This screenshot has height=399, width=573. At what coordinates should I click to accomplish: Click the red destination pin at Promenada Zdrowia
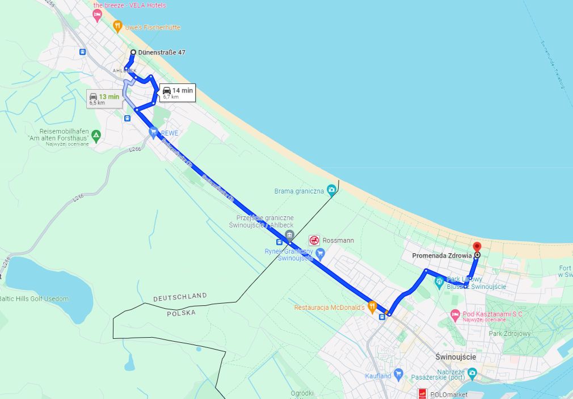(x=477, y=247)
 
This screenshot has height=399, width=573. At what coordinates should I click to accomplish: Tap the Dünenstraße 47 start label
(x=162, y=53)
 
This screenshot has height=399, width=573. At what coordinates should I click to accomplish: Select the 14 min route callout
(x=177, y=93)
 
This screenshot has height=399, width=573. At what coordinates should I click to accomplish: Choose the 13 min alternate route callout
(x=105, y=99)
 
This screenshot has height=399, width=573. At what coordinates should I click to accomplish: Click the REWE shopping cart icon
(x=153, y=133)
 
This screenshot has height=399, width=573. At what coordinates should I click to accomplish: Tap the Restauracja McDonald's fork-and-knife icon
(x=372, y=307)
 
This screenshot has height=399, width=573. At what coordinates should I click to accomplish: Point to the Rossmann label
(x=339, y=240)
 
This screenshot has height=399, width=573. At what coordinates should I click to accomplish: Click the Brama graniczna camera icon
(x=331, y=192)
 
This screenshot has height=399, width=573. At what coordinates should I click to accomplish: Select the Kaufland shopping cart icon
(x=398, y=375)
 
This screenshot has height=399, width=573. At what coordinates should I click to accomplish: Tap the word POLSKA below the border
(x=181, y=313)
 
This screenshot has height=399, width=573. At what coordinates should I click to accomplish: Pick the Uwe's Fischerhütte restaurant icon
(x=117, y=26)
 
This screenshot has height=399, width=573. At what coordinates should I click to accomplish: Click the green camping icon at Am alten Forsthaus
(x=96, y=136)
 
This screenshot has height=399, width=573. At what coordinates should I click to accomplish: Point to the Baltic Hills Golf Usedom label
(x=34, y=299)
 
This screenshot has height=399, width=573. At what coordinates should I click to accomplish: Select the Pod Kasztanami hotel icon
(x=454, y=314)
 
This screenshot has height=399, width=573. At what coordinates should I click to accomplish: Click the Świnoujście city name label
(x=456, y=357)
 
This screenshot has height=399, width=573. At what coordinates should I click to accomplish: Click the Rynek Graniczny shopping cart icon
(x=320, y=254)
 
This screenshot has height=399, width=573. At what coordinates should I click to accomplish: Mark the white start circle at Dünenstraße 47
(x=133, y=53)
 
